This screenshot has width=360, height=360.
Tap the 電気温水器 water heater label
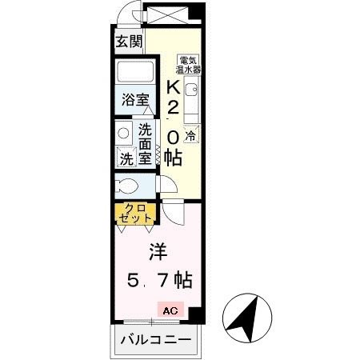(190, 65)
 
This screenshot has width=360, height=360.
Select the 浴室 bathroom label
(135, 101)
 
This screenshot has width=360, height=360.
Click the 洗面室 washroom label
(145, 142)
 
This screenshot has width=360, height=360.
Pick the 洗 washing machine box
(126, 158)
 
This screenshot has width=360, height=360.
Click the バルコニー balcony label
(156, 341)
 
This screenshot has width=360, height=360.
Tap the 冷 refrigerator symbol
(190, 137)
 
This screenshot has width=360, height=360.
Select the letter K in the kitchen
(173, 87)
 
